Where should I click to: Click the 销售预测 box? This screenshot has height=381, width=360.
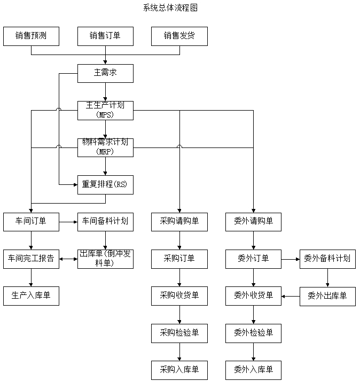click(31, 36)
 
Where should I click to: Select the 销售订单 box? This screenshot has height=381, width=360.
click(105, 36)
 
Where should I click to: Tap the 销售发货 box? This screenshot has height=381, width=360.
click(179, 36)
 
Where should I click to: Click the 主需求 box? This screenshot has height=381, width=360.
click(105, 73)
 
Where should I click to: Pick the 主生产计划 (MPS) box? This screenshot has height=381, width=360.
click(105, 111)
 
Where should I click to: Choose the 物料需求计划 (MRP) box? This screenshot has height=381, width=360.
click(105, 147)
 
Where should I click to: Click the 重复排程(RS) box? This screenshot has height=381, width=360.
click(105, 184)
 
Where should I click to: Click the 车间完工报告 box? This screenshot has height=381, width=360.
click(31, 259)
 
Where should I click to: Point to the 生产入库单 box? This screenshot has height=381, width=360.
click(31, 296)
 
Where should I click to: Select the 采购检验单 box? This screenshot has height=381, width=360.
click(179, 333)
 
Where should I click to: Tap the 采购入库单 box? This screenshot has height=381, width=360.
click(179, 370)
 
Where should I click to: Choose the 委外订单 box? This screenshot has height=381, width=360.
click(253, 259)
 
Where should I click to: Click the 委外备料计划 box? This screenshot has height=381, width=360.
click(327, 259)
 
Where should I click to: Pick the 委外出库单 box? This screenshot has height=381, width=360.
click(327, 296)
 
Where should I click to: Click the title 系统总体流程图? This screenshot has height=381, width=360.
click(171, 8)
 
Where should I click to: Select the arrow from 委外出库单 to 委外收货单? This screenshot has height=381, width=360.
click(291, 296)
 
